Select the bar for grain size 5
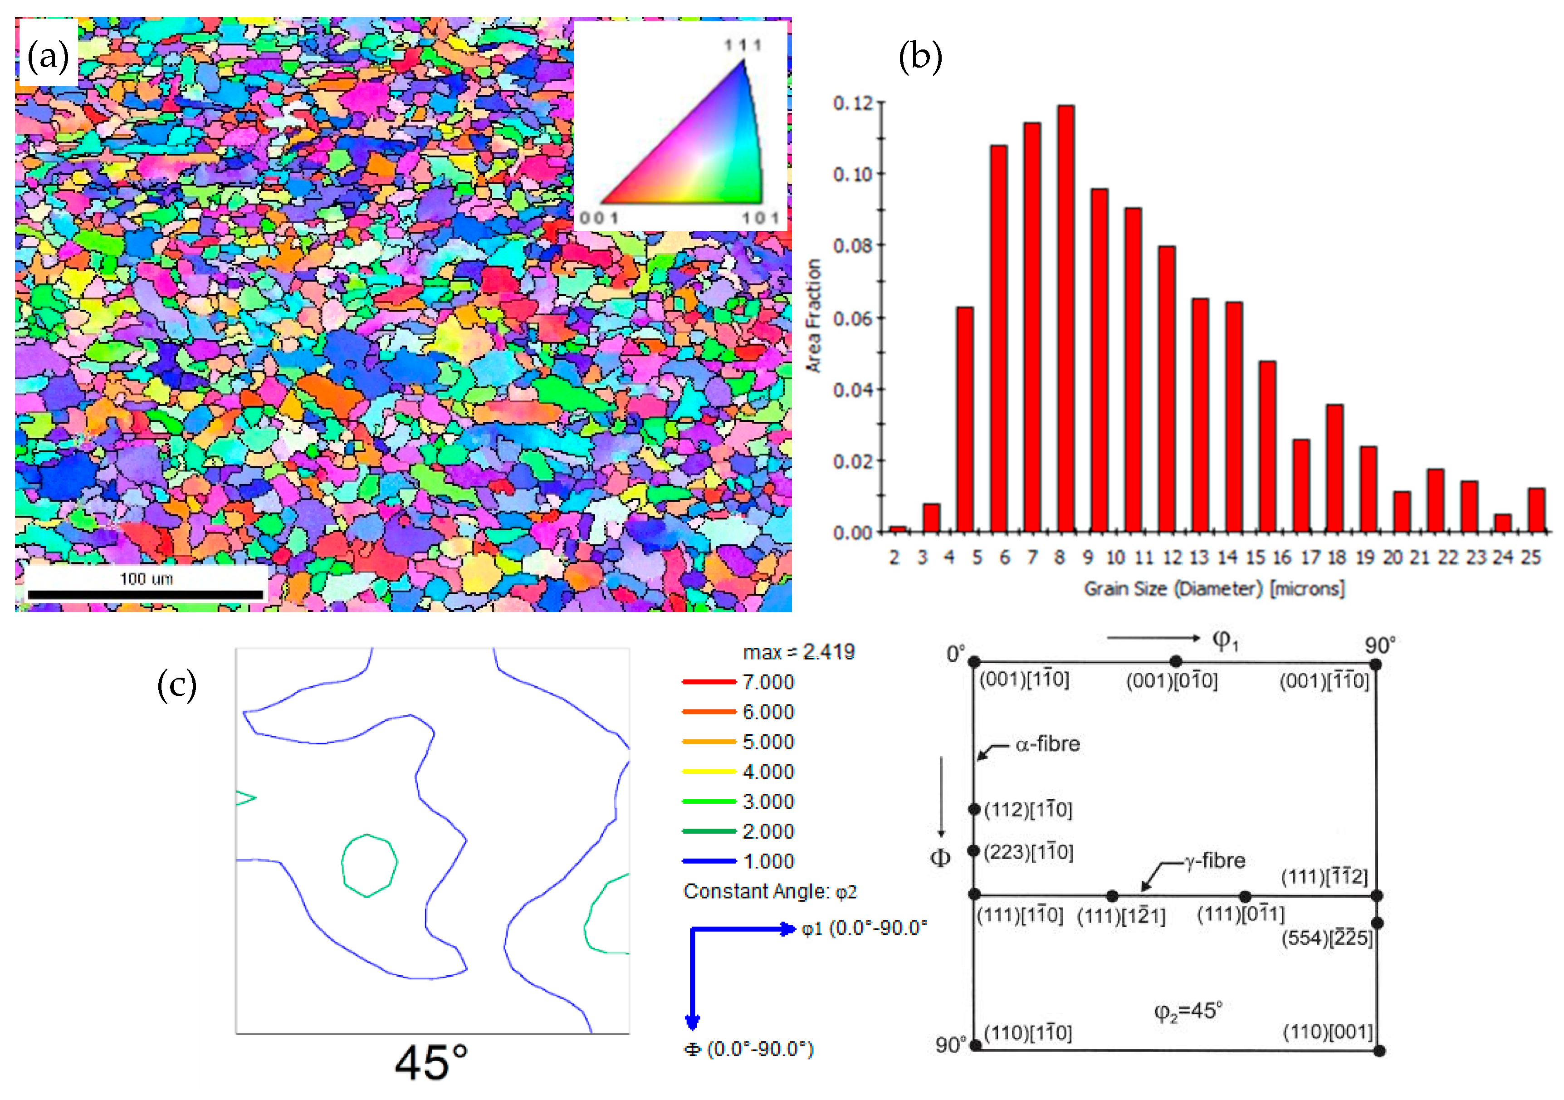(964, 419)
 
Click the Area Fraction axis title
(813, 315)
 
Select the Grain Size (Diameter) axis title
(1214, 588)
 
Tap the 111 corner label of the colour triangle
(743, 45)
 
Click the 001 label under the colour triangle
(599, 218)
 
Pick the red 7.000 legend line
(709, 682)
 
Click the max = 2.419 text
(798, 652)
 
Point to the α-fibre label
(1047, 744)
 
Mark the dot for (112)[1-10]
(974, 809)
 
